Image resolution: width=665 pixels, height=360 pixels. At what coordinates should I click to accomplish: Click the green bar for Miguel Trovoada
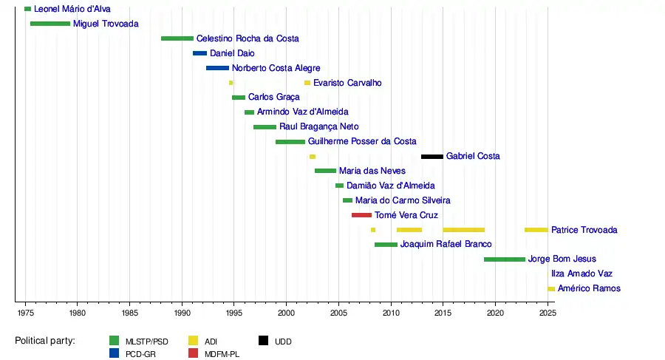point(50,24)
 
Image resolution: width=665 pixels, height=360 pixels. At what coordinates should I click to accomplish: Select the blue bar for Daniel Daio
point(199,53)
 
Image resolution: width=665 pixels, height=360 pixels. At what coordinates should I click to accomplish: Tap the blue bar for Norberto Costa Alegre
point(217,68)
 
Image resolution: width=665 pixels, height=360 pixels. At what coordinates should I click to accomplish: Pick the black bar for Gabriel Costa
point(432,157)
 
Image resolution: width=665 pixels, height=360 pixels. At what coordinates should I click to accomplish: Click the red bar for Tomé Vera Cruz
point(361,215)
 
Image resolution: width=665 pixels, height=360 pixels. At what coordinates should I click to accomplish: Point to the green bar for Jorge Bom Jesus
point(505,259)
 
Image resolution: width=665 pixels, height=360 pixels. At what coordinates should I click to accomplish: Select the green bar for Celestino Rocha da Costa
point(177,38)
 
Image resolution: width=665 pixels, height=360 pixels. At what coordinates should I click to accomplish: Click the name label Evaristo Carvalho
point(347,83)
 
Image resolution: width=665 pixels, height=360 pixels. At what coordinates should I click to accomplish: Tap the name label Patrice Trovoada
point(584,230)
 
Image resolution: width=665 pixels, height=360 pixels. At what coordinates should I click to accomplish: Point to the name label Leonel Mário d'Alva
point(72,9)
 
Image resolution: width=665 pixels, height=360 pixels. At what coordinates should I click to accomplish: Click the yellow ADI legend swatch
point(194,341)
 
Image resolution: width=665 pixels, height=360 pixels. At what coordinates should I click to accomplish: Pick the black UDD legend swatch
point(263,341)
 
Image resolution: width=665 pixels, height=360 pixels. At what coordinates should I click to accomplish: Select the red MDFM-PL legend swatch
point(194,353)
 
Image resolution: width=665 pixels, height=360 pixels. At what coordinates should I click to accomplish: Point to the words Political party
point(45,341)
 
